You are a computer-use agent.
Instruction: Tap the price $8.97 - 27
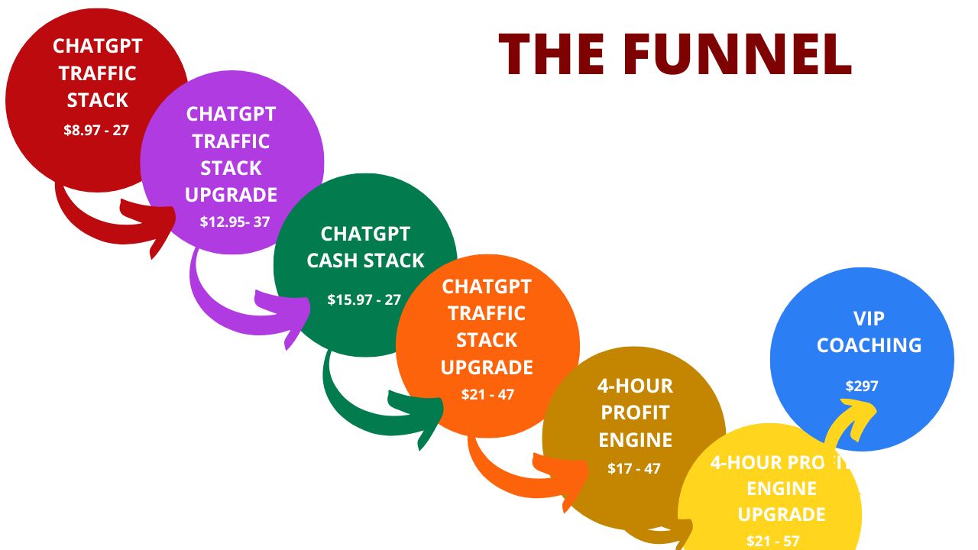96,130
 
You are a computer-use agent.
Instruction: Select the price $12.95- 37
235,222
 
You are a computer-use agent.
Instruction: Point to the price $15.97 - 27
364,299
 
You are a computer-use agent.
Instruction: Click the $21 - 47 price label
487,394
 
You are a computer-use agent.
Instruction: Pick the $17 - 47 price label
634,468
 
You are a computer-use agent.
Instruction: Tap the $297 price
862,386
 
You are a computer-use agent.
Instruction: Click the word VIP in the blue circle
869,318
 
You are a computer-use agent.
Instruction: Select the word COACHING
869,345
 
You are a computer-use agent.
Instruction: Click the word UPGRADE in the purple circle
231,194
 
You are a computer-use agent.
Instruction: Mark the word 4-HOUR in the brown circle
635,385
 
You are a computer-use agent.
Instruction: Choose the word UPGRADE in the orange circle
487,367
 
